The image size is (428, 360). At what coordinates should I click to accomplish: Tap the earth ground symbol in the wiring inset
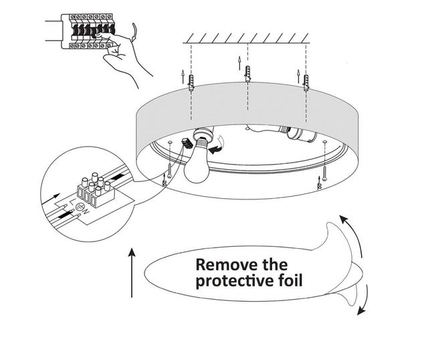coord(76,207)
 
